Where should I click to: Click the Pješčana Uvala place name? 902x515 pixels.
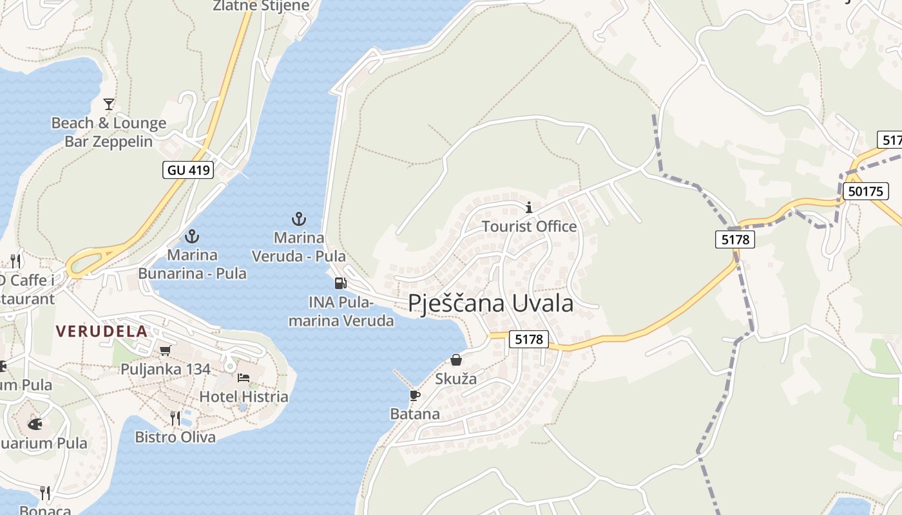point(491,303)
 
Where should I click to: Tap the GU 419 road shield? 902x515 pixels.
point(189,170)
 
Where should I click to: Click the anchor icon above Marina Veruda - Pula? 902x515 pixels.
point(298,220)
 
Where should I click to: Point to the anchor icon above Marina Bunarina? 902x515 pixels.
point(192,236)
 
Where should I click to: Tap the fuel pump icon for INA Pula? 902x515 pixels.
point(340,283)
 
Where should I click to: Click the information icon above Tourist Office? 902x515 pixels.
point(529,207)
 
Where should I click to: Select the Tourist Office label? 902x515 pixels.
point(529,227)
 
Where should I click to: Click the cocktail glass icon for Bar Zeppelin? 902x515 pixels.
point(109,104)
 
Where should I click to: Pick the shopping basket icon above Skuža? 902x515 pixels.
point(456,360)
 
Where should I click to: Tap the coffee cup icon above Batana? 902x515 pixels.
point(414,395)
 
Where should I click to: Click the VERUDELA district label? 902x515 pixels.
point(102,332)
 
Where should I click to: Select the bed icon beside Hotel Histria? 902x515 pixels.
point(244,378)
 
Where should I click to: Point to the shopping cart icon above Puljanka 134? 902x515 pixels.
point(166,351)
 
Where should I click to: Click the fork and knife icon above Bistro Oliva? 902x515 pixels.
point(175,418)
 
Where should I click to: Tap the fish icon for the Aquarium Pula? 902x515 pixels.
point(35,424)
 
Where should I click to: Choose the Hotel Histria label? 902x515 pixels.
point(244,397)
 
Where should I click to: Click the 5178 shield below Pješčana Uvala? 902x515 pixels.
point(529,339)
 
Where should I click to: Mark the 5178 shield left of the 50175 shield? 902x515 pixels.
point(734,239)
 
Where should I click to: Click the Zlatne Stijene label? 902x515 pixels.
point(262,6)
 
